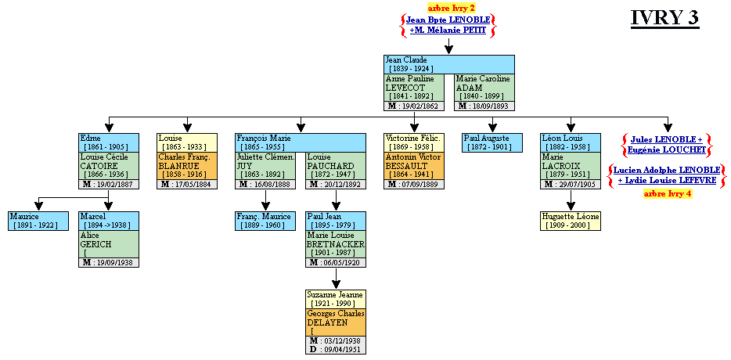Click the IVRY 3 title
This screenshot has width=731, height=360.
pyautogui.click(x=664, y=19)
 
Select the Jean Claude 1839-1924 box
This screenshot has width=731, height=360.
pyautogui.click(x=448, y=64)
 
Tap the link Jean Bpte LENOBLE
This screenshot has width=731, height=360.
pyautogui.click(x=448, y=20)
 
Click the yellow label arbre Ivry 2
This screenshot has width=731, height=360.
pyautogui.click(x=451, y=8)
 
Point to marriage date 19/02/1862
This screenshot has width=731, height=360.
pyautogui.click(x=417, y=106)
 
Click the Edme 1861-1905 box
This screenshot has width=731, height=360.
pyautogui.click(x=109, y=142)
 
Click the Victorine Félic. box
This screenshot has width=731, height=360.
pyautogui.click(x=415, y=142)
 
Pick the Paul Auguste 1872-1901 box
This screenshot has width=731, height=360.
pyautogui.click(x=492, y=142)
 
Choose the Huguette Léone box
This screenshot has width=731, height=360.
pyautogui.click(x=571, y=221)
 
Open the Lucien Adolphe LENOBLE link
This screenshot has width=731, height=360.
pyautogui.click(x=667, y=170)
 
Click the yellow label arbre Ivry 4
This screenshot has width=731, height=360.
pyautogui.click(x=668, y=193)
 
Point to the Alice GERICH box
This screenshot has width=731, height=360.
pyautogui.click(x=109, y=244)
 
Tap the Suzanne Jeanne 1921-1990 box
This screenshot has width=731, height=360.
pyautogui.click(x=336, y=299)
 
